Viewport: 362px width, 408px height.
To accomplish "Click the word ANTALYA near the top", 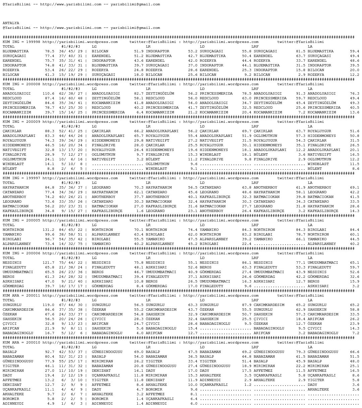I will [11, 23].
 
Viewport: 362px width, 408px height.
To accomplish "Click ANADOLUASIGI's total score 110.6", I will [48, 94].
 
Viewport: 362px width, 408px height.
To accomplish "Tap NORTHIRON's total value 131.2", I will [48, 230].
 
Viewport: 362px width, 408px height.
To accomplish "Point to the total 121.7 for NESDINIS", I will [48, 263].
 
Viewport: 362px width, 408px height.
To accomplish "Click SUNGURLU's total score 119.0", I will [48, 305].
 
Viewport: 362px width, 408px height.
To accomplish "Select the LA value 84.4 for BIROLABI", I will [354, 230].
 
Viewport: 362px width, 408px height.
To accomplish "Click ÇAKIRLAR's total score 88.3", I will [50, 131].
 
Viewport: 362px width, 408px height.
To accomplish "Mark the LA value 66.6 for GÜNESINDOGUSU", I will [354, 352].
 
